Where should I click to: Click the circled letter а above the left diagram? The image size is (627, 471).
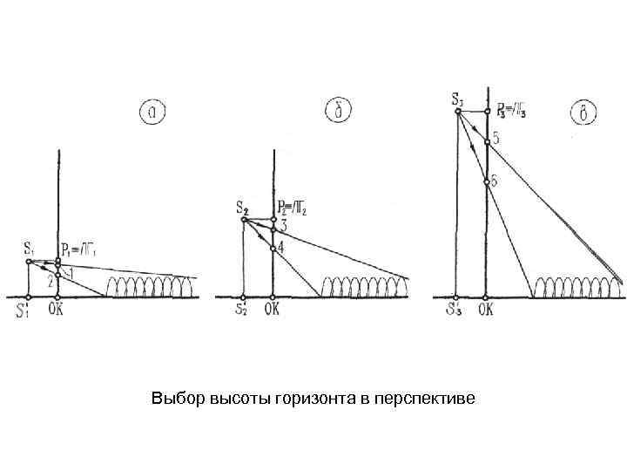pyautogui.click(x=153, y=111)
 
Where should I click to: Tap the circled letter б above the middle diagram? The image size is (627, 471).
pyautogui.click(x=337, y=111)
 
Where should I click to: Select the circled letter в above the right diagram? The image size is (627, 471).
pyautogui.click(x=583, y=113)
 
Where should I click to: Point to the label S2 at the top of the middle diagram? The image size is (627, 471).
pyautogui.click(x=241, y=208)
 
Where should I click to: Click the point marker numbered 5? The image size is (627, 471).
pyautogui.click(x=487, y=141)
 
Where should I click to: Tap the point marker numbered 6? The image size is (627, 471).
pyautogui.click(x=487, y=182)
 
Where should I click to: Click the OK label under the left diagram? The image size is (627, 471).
pyautogui.click(x=57, y=307)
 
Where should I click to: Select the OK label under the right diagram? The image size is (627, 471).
pyautogui.click(x=486, y=308)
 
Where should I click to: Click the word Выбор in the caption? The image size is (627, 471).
pyautogui.click(x=177, y=399)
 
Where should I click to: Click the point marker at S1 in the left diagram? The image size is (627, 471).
pyautogui.click(x=29, y=261)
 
